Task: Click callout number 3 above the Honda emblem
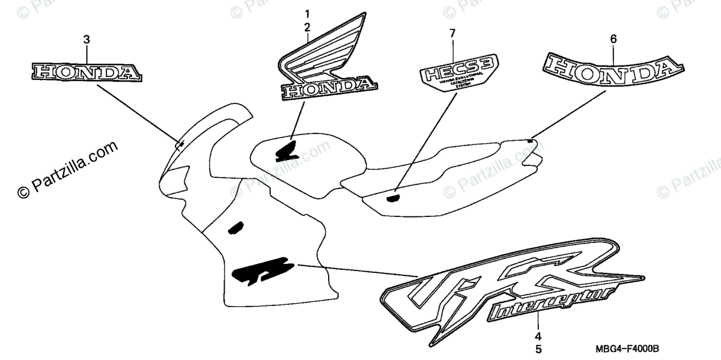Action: [x=87, y=40]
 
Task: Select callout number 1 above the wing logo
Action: [x=307, y=14]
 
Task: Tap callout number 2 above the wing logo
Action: [x=307, y=27]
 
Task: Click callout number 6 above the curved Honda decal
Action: [x=613, y=39]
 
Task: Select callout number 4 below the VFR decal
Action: [x=538, y=336]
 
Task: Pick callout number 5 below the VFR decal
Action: [x=538, y=348]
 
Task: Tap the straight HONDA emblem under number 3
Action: [x=87, y=72]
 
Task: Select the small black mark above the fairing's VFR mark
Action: [x=235, y=227]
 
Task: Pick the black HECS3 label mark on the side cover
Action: [x=394, y=197]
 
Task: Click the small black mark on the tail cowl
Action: [x=529, y=141]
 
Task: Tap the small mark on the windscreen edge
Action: [x=180, y=143]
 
